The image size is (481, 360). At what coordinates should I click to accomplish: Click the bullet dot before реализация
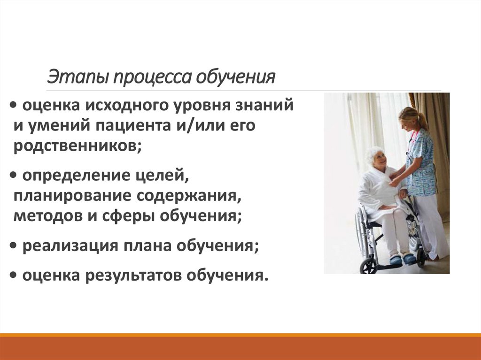tap(12, 246)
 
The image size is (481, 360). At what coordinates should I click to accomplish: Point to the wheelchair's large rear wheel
tap(363, 232)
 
